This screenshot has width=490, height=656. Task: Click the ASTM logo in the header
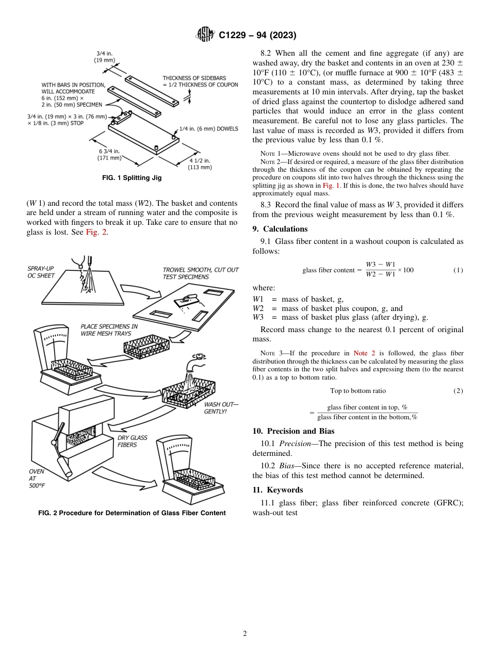coord(206,35)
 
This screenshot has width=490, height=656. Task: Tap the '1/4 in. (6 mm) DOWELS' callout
coord(208,129)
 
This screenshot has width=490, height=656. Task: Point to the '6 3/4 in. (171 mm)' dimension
coord(110,154)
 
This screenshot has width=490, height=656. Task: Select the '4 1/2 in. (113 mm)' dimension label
coord(201,163)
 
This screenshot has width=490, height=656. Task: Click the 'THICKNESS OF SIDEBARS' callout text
coord(200,81)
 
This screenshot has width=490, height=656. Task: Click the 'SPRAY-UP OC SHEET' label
coord(42,272)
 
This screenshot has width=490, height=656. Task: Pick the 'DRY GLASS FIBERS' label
coord(132,441)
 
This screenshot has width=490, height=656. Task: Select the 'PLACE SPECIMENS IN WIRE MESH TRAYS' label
coord(109,330)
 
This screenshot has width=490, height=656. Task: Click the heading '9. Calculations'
coord(280,229)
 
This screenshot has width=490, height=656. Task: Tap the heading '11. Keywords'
coord(277,490)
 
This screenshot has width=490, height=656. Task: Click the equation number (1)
coord(458,270)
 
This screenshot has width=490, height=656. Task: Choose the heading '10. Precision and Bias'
coord(293,431)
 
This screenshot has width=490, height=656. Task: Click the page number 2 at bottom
coord(245,634)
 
